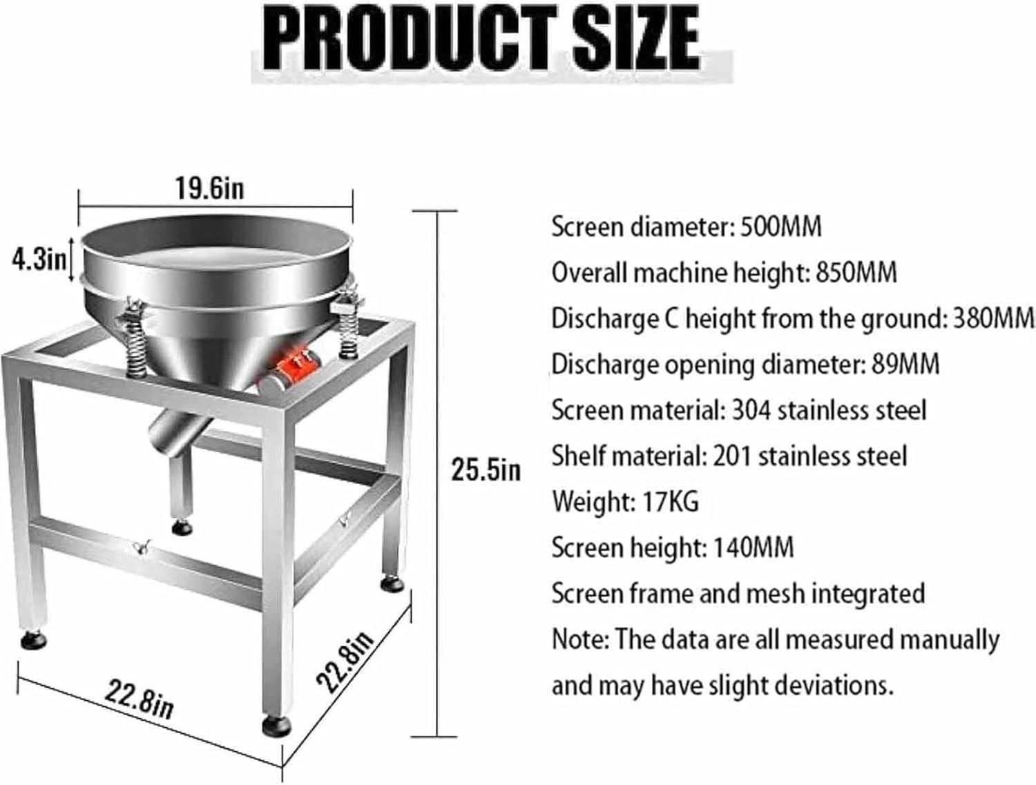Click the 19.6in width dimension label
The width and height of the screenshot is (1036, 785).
pos(209,188)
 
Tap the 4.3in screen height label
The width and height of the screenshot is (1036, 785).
pos(39,260)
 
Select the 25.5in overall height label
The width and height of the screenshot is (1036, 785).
pos(486,469)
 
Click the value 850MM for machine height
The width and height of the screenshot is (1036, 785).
pos(856,273)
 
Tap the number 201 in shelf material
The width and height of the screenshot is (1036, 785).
pos(732,456)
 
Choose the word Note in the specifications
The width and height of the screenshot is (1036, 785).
pos(578,639)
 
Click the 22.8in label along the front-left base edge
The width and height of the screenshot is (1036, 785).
pos(139,697)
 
